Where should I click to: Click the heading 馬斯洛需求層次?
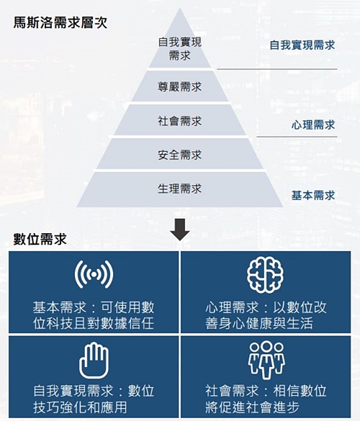pos(60,22)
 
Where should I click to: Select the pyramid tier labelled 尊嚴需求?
pos(180,86)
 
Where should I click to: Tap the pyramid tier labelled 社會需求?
pos(180,120)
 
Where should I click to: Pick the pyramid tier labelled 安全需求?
pos(180,154)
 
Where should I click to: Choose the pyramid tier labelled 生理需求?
pos(180,189)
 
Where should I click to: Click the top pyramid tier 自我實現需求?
pos(180,48)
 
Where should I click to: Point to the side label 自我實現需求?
pos(302,45)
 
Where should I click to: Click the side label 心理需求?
pos(313,125)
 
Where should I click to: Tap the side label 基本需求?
pos(313,195)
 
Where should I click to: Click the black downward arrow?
pos(180,230)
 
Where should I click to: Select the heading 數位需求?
pos(40,239)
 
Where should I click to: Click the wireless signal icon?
pos(94,274)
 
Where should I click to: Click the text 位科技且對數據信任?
pos(94,323)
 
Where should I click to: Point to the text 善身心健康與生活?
pos(259,323)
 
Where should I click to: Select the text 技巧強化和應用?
pos(80,407)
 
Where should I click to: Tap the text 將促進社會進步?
pos(252,407)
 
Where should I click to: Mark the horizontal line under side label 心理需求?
pos(297,137)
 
